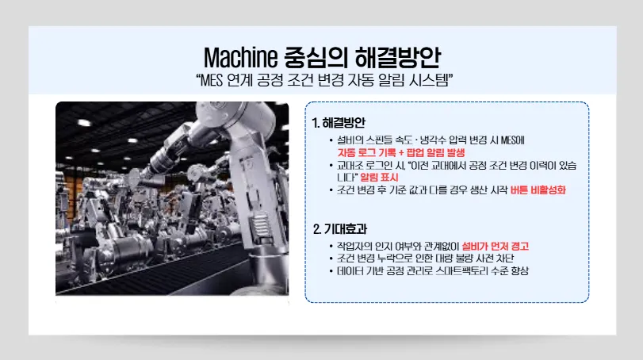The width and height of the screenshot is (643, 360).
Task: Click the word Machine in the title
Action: tap(240, 57)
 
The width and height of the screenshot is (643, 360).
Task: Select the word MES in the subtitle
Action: tap(212, 80)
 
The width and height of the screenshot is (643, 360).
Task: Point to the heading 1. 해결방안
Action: tap(339, 123)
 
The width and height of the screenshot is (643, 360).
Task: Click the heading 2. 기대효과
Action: tap(340, 229)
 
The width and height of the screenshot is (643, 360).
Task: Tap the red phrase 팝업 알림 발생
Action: tap(435, 153)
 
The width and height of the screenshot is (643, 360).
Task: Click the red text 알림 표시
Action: tap(379, 178)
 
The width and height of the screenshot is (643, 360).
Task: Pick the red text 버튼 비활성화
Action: tap(538, 190)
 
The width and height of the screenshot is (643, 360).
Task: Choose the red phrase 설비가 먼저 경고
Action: tap(495, 246)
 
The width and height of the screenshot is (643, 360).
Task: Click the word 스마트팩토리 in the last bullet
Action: tap(461, 270)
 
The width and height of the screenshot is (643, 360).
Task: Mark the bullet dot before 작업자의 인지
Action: tap(331, 247)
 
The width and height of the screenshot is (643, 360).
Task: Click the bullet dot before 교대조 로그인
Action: tap(331, 166)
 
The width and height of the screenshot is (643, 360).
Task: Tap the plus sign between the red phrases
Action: tap(401, 153)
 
